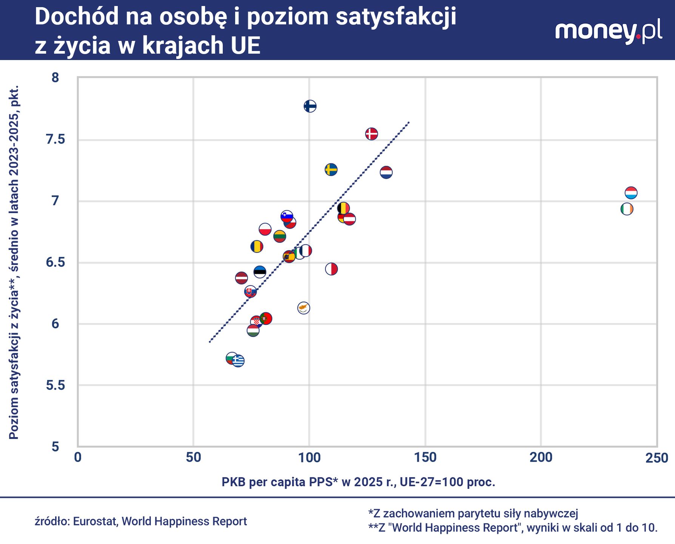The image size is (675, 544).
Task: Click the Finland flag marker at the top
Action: [310, 106]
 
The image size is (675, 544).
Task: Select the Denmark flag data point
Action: [371, 134]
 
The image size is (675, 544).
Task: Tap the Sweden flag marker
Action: [331, 170]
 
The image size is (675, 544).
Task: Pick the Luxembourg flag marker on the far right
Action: [631, 193]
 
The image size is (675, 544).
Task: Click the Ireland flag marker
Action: [627, 209]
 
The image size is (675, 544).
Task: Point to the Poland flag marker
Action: [265, 229]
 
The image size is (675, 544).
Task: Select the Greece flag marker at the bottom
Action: [238, 361]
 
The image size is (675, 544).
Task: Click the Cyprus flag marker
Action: [304, 308]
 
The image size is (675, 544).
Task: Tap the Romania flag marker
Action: [257, 247]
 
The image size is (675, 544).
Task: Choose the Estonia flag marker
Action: [260, 272]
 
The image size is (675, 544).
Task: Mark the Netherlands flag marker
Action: [386, 173]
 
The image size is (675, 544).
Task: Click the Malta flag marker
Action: [331, 269]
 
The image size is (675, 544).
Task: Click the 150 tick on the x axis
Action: [425, 458]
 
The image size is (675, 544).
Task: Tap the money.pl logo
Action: [608, 31]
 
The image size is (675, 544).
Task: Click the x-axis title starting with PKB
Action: [358, 482]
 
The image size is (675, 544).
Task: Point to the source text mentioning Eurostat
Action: [141, 521]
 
